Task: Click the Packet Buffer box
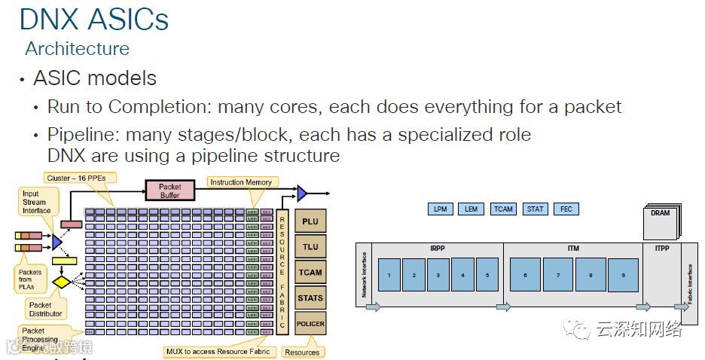pyautogui.click(x=169, y=191)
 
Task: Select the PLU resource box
pyautogui.click(x=310, y=221)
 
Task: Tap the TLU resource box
pyautogui.click(x=310, y=247)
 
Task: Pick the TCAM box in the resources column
pyautogui.click(x=310, y=273)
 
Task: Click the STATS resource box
pyautogui.click(x=310, y=298)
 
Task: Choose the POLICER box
pyautogui.click(x=310, y=324)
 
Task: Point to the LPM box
pyautogui.click(x=440, y=209)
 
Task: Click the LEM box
pyautogui.click(x=471, y=209)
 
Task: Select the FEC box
pyautogui.click(x=566, y=209)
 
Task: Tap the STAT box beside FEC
pyautogui.click(x=535, y=209)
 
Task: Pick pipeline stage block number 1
pyautogui.click(x=389, y=276)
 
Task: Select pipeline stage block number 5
pyautogui.click(x=487, y=276)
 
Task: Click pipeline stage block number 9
pyautogui.click(x=623, y=276)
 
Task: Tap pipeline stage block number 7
pyautogui.click(x=558, y=276)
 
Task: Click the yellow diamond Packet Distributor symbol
pyautogui.click(x=60, y=283)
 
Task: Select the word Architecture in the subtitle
pyautogui.click(x=77, y=49)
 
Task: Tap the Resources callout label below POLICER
pyautogui.click(x=302, y=352)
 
